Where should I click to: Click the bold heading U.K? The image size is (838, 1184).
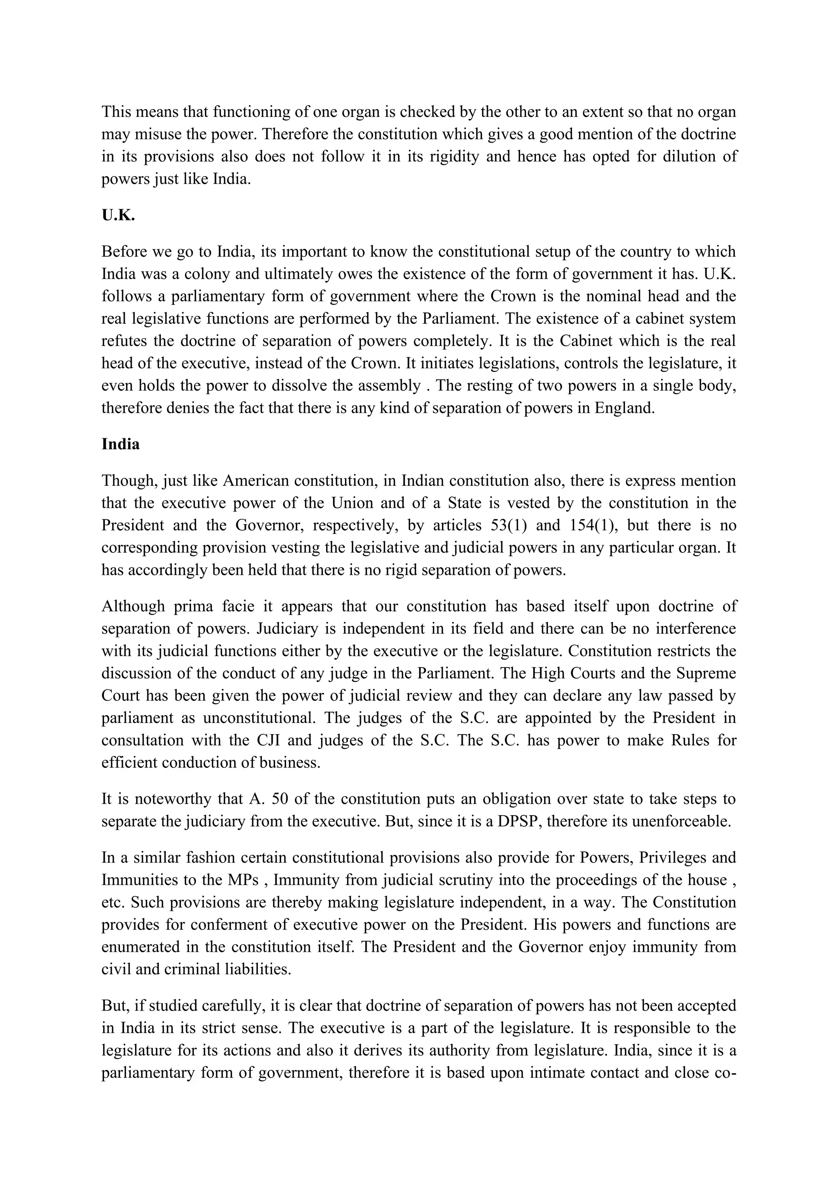coord(118,215)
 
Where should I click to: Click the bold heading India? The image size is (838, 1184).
coord(120,444)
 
